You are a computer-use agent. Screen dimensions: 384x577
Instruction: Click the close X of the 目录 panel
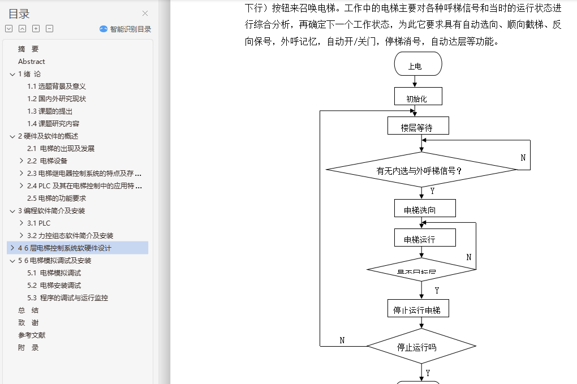(x=145, y=14)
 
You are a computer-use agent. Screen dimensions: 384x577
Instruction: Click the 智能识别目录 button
(x=125, y=29)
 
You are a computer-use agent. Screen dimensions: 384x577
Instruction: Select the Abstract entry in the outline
(x=32, y=61)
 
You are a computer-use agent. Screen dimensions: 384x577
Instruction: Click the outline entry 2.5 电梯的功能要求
(x=57, y=198)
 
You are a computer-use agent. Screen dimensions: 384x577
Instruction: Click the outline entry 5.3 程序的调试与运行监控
(x=67, y=297)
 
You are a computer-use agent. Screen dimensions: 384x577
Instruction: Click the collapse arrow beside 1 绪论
(x=12, y=74)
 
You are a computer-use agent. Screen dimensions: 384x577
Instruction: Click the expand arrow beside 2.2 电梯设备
(x=21, y=161)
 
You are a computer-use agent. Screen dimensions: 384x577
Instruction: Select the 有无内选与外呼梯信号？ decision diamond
(x=421, y=169)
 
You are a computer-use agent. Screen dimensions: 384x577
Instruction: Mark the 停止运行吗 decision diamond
(x=421, y=346)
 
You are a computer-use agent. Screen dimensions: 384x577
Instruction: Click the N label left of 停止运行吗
(x=342, y=340)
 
